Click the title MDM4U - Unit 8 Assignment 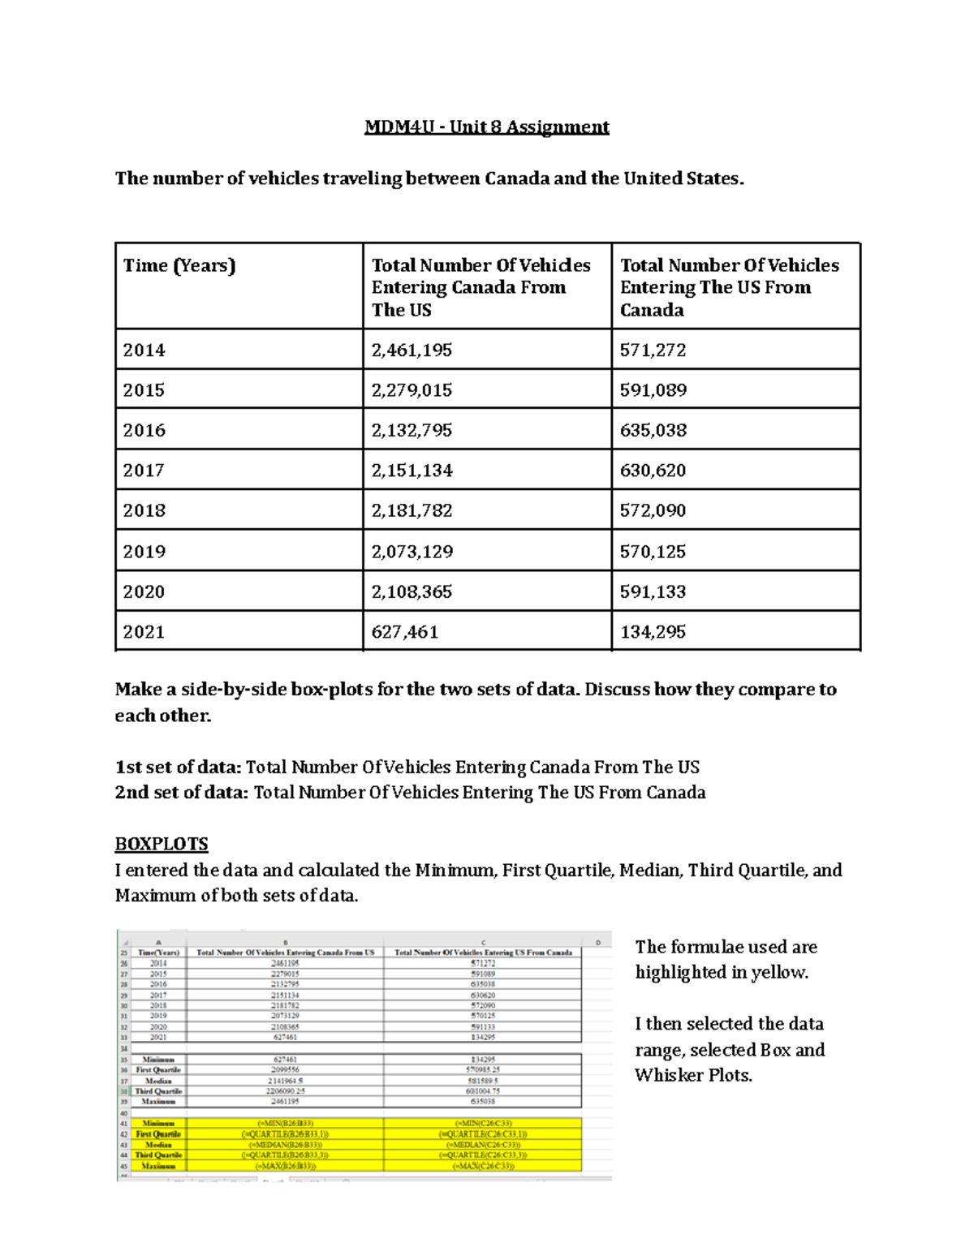coord(486,127)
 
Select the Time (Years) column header coord(179,266)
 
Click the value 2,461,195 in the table coord(412,350)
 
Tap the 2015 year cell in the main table coord(144,390)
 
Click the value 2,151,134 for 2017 coord(412,471)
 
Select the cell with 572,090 coord(653,510)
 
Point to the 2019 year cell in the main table coord(144,552)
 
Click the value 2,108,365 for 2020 coord(412,591)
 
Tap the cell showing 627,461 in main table coord(404,632)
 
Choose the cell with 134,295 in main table coord(653,632)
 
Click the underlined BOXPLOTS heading coord(162,844)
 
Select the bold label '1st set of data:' coord(178,768)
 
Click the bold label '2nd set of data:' coord(182,793)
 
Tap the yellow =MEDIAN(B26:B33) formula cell coord(285,1145)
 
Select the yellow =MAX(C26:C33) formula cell coord(483,1166)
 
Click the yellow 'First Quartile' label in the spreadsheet coord(158,1134)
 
